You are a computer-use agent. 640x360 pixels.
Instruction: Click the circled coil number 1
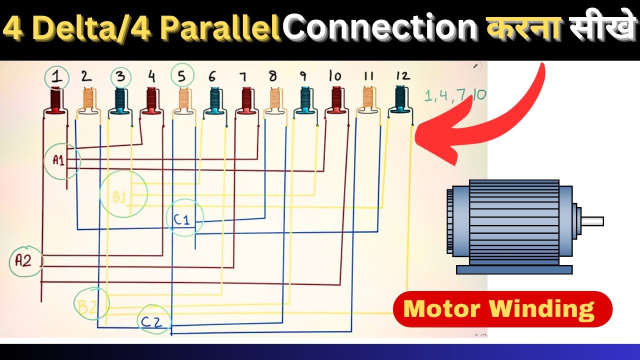[x=57, y=77]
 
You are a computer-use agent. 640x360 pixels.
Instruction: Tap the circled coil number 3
[x=121, y=77]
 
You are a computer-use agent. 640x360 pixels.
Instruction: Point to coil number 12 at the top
[x=403, y=75]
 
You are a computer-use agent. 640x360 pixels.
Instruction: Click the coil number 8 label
[x=273, y=76]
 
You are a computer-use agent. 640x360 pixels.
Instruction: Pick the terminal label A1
[x=58, y=160]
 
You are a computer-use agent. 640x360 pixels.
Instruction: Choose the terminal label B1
[x=119, y=197]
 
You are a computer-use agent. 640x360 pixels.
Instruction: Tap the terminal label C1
[x=181, y=219]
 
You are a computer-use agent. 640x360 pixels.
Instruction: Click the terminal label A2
[x=23, y=260]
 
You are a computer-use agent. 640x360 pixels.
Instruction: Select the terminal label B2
[x=87, y=307]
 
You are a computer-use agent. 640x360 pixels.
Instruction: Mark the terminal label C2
[x=151, y=322]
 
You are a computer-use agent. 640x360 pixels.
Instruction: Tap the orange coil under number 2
[x=88, y=100]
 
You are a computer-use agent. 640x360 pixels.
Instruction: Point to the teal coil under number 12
[x=401, y=99]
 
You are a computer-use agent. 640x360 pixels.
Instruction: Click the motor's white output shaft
[x=592, y=221]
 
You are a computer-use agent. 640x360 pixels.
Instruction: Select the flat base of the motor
[x=514, y=269]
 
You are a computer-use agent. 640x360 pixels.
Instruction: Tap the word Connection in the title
[x=381, y=28]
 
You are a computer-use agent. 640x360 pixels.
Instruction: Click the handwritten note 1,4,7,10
[x=455, y=95]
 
